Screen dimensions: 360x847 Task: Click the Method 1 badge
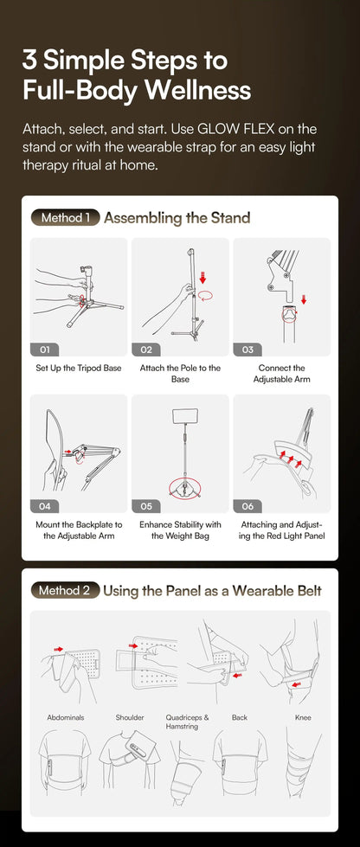[x=66, y=218]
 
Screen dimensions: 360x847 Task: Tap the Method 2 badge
[x=66, y=590]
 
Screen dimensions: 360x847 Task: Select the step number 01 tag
[x=45, y=350]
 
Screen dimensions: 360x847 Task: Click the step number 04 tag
[x=45, y=506]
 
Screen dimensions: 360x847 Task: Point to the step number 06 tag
[x=247, y=506]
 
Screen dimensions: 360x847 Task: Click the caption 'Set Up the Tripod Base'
[x=79, y=369]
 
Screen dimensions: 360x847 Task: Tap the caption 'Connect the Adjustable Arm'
[x=281, y=374]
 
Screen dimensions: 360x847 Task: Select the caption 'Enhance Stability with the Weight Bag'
[x=180, y=529]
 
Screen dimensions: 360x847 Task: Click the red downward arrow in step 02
[x=202, y=278]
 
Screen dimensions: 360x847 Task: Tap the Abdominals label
[x=66, y=718]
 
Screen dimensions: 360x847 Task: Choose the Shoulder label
[x=130, y=718]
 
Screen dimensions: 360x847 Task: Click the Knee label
[x=303, y=718]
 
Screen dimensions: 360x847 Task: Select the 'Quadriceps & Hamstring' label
[x=188, y=722]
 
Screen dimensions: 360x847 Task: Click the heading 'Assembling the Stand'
[x=177, y=218]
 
